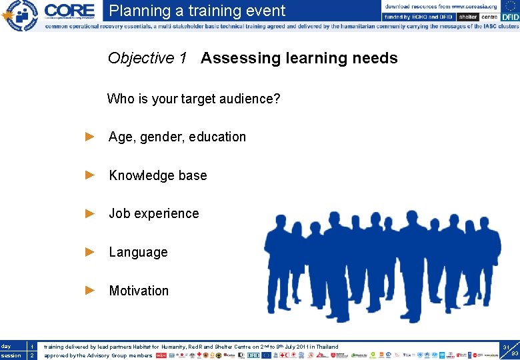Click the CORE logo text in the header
69,10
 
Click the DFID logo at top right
509,17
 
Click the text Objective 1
147,58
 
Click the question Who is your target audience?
193,99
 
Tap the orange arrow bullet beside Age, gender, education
91,137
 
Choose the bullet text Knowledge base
158,175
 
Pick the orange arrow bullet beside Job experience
91,213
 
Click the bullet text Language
138,252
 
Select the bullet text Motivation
139,291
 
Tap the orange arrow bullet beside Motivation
91,290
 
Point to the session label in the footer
11,355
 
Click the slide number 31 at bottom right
506,347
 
